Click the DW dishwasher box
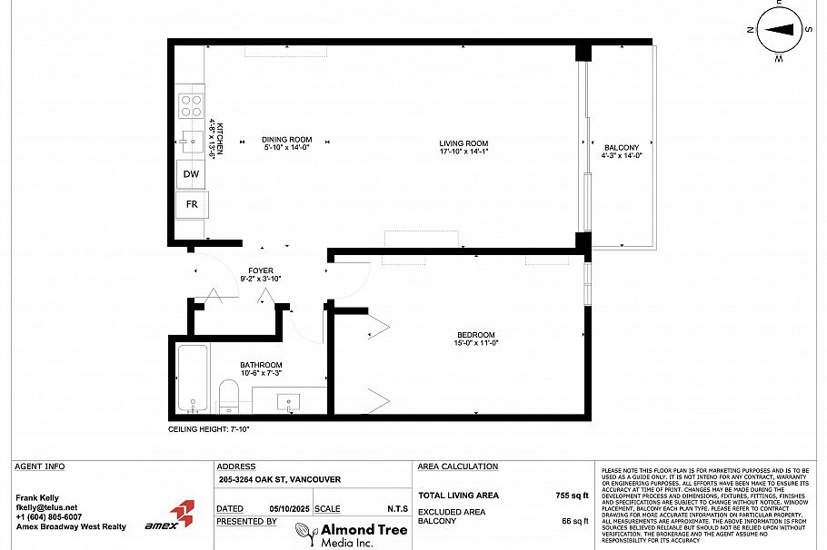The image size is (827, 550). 191,174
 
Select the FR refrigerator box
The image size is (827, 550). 193,204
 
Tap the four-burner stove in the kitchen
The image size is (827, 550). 191,105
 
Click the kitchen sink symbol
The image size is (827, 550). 192,140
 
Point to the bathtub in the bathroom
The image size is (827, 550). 193,378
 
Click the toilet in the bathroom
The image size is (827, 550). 228,396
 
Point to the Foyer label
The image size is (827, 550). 261,271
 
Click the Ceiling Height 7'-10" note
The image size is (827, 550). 209,428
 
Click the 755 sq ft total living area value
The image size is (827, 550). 573,496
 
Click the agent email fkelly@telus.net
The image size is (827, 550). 47,507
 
